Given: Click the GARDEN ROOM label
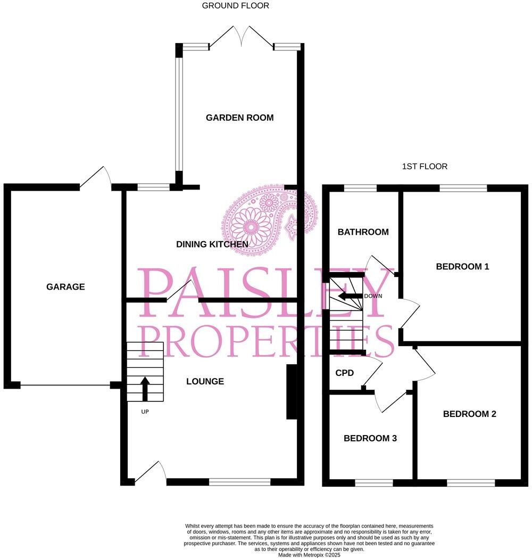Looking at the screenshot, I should click(x=240, y=118).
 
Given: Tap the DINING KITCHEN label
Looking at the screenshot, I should click(x=212, y=244).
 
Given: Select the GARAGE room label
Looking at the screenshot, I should click(x=65, y=287).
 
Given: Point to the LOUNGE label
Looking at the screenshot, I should click(x=205, y=381).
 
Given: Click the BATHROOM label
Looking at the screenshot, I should click(x=363, y=232).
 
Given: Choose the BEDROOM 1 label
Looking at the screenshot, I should click(x=462, y=267).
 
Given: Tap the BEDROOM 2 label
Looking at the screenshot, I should click(x=469, y=414).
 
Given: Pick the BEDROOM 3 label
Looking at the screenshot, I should click(x=370, y=439).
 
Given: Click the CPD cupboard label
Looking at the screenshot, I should click(x=345, y=373).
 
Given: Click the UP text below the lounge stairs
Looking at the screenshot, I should click(x=145, y=412).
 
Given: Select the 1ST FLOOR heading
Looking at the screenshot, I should click(x=425, y=167).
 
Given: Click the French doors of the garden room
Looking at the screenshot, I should click(x=242, y=38).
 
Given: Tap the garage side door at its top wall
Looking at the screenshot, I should click(x=97, y=177).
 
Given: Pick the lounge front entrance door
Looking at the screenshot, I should click(x=151, y=473).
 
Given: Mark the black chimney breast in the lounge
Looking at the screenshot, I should click(x=292, y=392).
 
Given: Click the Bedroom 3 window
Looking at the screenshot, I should click(x=373, y=482).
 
